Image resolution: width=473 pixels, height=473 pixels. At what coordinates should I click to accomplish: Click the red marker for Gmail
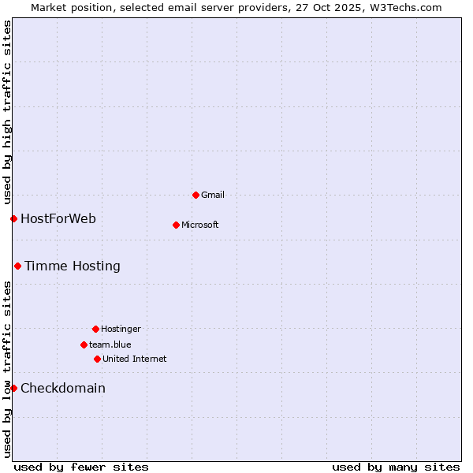tap(196, 195)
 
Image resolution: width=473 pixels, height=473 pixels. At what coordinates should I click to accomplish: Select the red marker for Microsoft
tap(176, 225)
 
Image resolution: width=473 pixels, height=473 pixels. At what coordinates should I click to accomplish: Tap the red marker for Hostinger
tap(95, 329)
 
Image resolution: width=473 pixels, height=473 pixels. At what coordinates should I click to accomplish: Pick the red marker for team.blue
tap(84, 345)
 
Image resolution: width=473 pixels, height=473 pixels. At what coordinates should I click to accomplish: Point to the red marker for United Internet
tap(97, 359)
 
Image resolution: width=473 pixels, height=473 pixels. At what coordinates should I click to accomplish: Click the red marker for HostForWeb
tap(13, 218)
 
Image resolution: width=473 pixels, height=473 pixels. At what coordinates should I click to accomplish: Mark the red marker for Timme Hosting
tap(17, 266)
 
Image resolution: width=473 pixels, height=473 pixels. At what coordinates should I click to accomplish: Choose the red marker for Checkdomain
tap(13, 388)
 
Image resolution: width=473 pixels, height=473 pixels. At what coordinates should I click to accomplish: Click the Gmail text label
tap(213, 195)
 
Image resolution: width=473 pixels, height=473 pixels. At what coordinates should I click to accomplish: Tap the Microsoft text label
tap(200, 225)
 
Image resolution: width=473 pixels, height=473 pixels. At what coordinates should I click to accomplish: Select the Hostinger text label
tap(121, 329)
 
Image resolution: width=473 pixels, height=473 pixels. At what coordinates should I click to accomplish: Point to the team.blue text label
tap(110, 345)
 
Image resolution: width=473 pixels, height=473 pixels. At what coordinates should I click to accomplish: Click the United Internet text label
tap(135, 359)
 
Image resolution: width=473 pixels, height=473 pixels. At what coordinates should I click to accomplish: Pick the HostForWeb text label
tap(58, 218)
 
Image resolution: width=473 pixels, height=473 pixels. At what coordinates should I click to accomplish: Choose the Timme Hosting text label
tap(73, 266)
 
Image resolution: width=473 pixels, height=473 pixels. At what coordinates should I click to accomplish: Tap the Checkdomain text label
tap(63, 388)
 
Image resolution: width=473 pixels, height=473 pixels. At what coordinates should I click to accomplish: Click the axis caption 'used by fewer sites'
tap(81, 467)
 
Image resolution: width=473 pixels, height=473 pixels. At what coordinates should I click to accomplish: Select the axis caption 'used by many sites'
tap(396, 467)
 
